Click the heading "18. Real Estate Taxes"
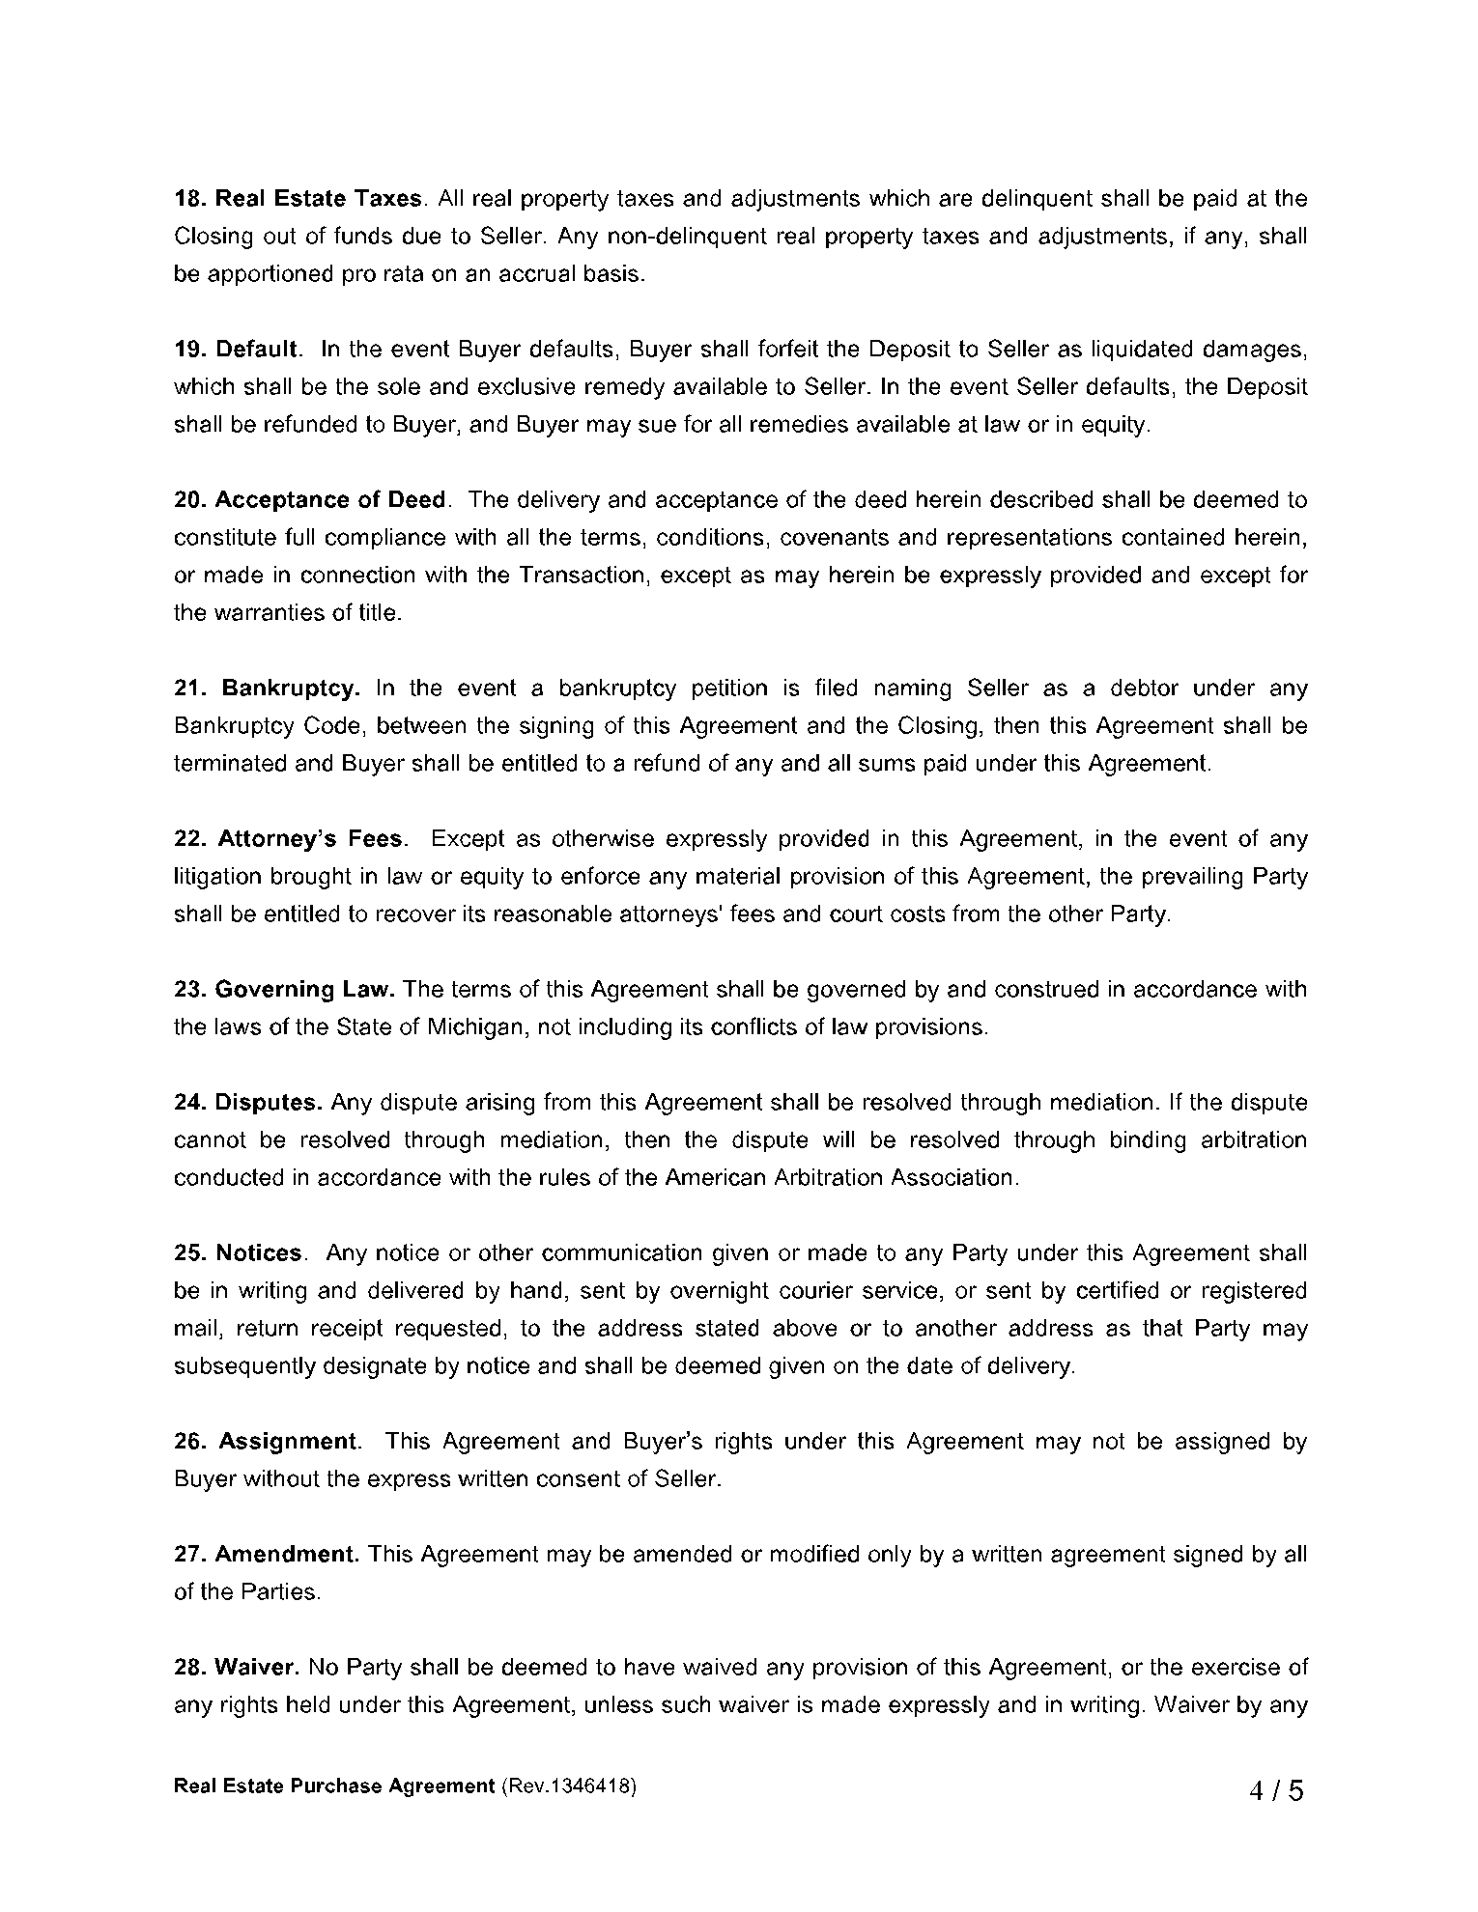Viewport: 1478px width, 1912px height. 298,199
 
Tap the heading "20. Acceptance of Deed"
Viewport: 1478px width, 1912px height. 310,500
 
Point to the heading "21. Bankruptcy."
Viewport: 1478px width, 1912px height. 268,689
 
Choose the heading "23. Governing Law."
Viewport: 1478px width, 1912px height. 284,990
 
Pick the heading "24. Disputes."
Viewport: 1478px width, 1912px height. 248,1103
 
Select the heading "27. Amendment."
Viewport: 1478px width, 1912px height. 267,1555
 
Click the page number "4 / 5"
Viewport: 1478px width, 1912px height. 1276,1792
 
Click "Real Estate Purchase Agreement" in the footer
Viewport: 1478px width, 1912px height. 333,1786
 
